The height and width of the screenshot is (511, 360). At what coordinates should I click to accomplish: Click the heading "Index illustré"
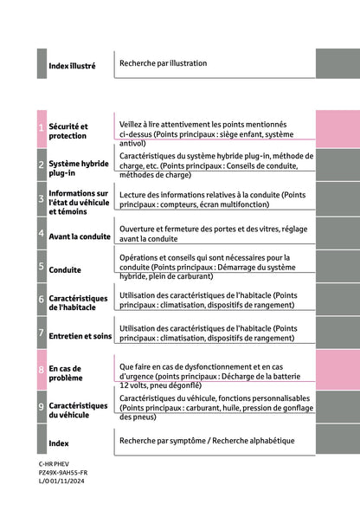[x=72, y=66]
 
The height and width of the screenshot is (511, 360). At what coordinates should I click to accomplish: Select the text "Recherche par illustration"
[x=164, y=63]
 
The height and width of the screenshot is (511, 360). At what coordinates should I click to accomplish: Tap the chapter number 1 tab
[x=42, y=129]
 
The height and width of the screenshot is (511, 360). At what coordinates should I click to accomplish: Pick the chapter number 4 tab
[x=42, y=234]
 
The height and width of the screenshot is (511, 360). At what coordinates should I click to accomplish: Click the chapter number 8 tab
[x=42, y=370]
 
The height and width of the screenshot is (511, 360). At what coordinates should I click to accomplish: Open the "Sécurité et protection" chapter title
[x=68, y=131]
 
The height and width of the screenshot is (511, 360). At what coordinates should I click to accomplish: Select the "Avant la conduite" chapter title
[x=80, y=236]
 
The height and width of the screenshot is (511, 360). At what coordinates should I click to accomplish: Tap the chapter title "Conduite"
[x=66, y=270]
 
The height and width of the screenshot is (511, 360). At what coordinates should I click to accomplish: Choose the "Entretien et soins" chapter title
[x=80, y=336]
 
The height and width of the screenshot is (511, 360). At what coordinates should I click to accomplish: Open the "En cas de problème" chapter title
[x=66, y=373]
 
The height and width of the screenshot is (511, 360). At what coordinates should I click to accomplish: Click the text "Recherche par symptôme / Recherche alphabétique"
[x=207, y=441]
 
